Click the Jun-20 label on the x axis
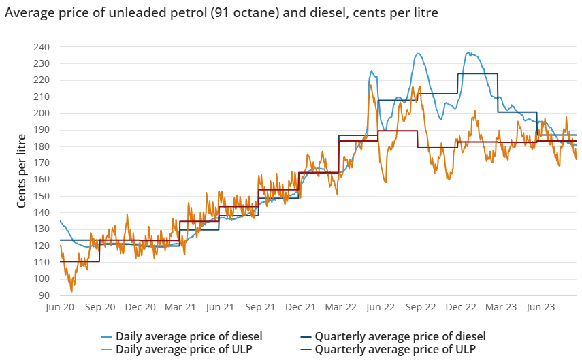coord(60,308)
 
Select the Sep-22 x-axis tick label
coord(421,308)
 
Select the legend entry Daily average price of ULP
coord(182,349)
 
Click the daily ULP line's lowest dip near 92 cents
coord(71,291)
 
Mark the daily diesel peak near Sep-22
coord(418,54)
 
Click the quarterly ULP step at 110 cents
coord(80,261)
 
